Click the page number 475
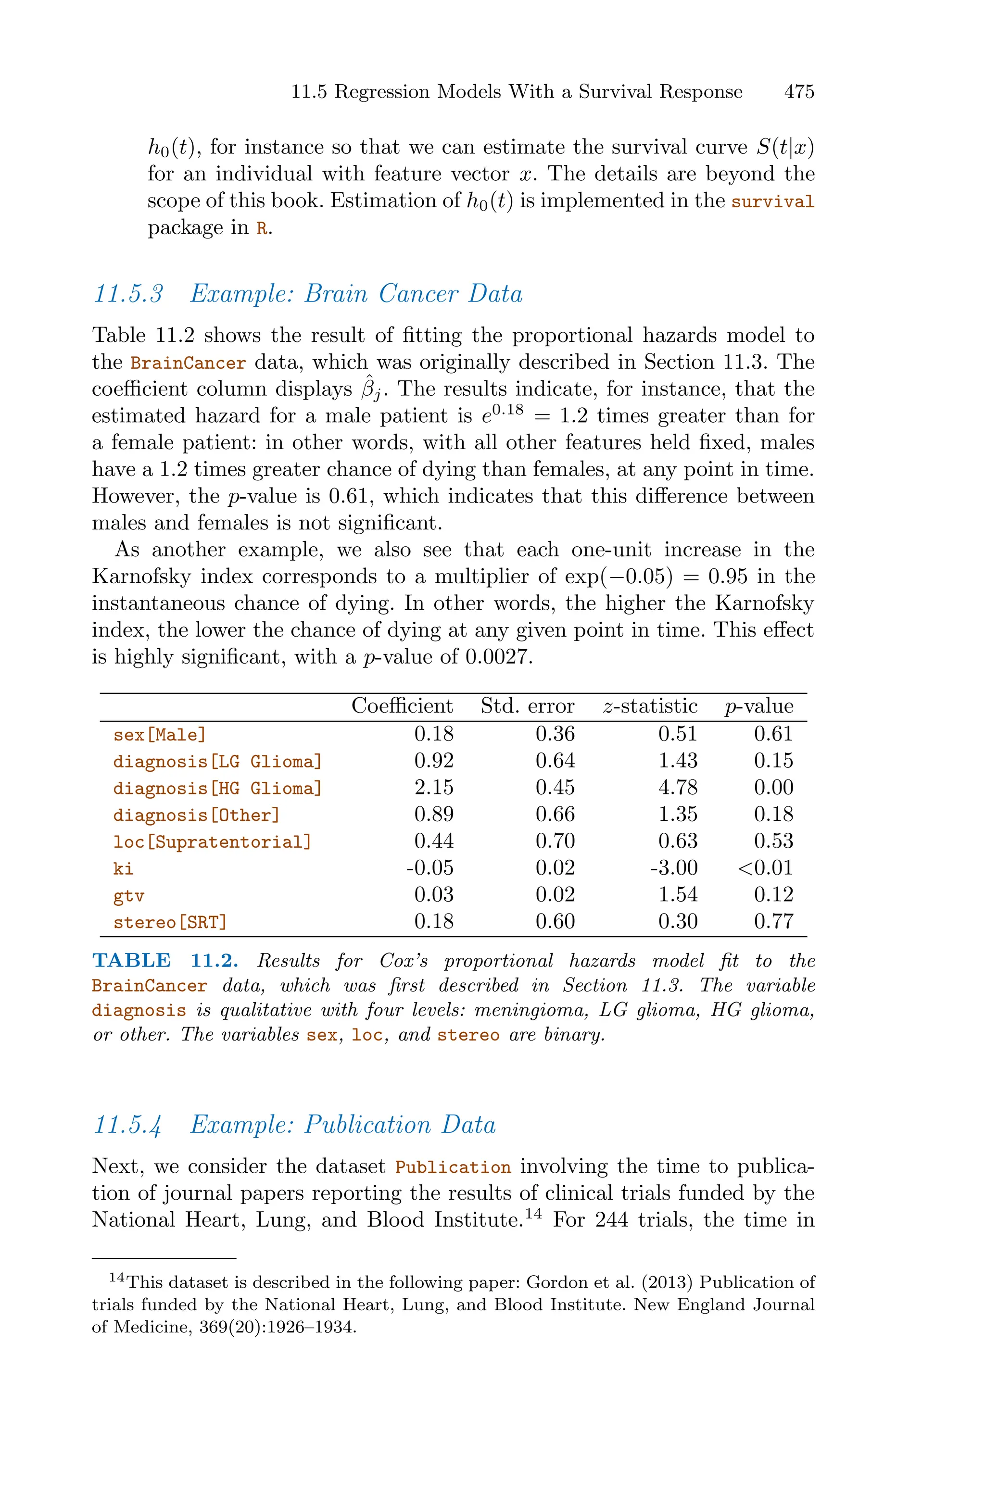click(x=798, y=92)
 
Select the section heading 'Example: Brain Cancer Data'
click(x=355, y=294)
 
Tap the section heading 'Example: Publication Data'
click(x=342, y=1125)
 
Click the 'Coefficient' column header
click(x=402, y=706)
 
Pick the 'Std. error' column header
click(x=527, y=706)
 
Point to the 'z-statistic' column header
click(x=650, y=706)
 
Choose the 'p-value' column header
click(x=759, y=707)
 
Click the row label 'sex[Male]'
click(x=160, y=735)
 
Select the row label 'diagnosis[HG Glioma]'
click(x=217, y=788)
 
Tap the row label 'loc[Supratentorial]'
click(x=212, y=842)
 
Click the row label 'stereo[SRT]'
click(x=170, y=922)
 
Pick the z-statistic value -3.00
click(x=673, y=868)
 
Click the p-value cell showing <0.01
click(x=765, y=868)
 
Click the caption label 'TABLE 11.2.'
click(x=165, y=961)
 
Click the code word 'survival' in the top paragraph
click(x=773, y=202)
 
